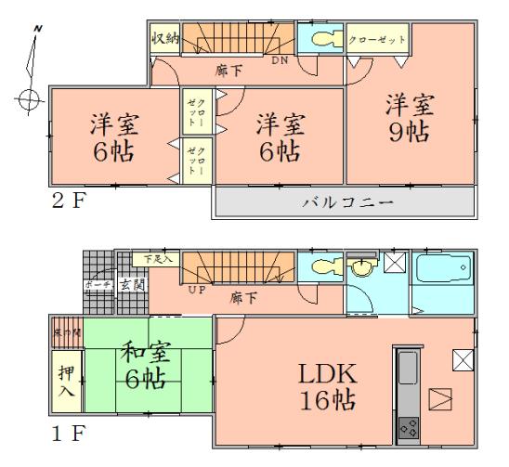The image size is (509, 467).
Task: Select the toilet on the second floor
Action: pos(321,41)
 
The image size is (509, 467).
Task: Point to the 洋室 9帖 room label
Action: pos(408,117)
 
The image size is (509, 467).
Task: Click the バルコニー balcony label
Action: pos(343,202)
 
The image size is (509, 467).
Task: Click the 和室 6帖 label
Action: pos(144,366)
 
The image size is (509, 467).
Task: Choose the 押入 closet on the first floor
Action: pos(65,380)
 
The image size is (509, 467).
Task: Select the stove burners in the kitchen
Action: pos(408,426)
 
